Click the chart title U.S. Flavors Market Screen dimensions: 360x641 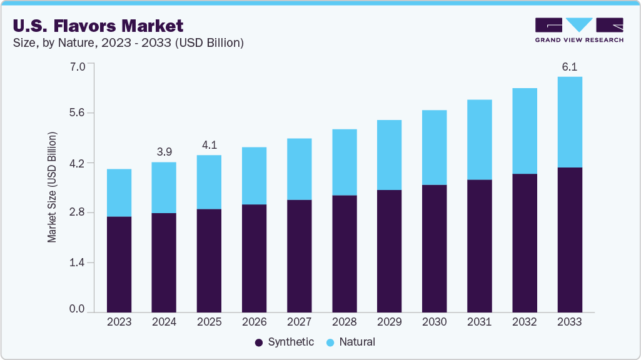(x=98, y=26)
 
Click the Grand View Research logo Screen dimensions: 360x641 (x=579, y=30)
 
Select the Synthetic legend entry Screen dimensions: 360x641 (x=285, y=342)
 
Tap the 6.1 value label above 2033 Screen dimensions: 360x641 (x=569, y=67)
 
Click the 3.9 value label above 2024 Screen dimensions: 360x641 (x=164, y=152)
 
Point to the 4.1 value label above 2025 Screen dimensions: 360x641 (x=209, y=145)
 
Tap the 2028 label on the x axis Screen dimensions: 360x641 (x=344, y=322)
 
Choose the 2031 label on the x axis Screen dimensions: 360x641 (x=479, y=322)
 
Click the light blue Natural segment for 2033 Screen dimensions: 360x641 (x=569, y=122)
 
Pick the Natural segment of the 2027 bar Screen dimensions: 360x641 (x=299, y=169)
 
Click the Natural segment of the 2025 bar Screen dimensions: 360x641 (x=209, y=182)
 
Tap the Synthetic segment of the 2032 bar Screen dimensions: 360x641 (x=524, y=243)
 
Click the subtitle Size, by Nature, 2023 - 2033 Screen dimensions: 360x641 (x=128, y=43)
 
